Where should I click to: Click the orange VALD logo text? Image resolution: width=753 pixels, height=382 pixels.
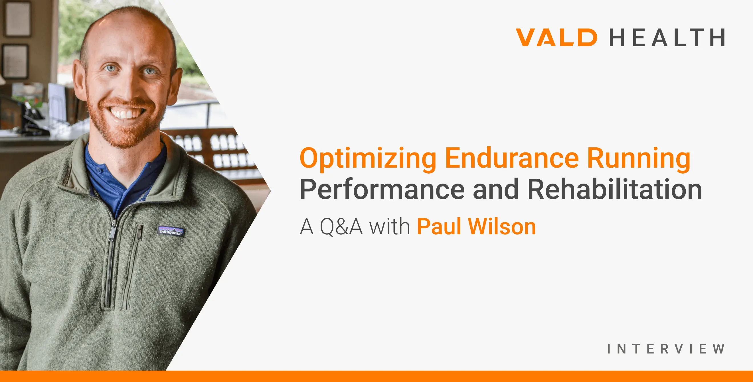click(x=556, y=37)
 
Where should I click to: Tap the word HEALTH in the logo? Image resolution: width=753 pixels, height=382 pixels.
click(x=667, y=37)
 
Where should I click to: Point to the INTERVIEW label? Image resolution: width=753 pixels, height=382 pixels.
click(x=666, y=349)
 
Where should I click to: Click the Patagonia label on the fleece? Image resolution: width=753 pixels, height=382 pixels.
click(x=171, y=231)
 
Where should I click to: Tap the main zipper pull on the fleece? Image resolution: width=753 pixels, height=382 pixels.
click(x=113, y=231)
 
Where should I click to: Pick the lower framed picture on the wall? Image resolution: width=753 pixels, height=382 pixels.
click(x=15, y=62)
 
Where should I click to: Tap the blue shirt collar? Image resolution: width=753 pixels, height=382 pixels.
click(x=126, y=172)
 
